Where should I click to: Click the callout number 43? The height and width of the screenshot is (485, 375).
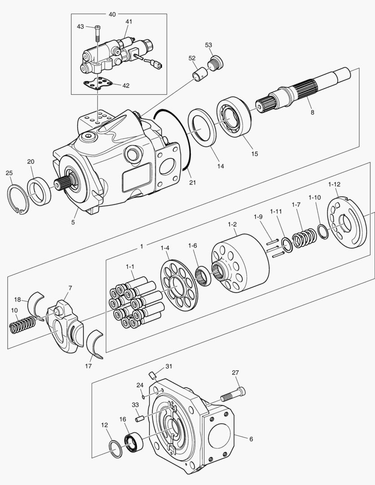(x=80, y=27)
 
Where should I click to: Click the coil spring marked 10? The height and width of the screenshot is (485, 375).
(x=22, y=324)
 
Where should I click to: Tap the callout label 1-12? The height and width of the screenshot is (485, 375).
(x=334, y=184)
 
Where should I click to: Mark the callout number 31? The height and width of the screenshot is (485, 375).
(x=168, y=366)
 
